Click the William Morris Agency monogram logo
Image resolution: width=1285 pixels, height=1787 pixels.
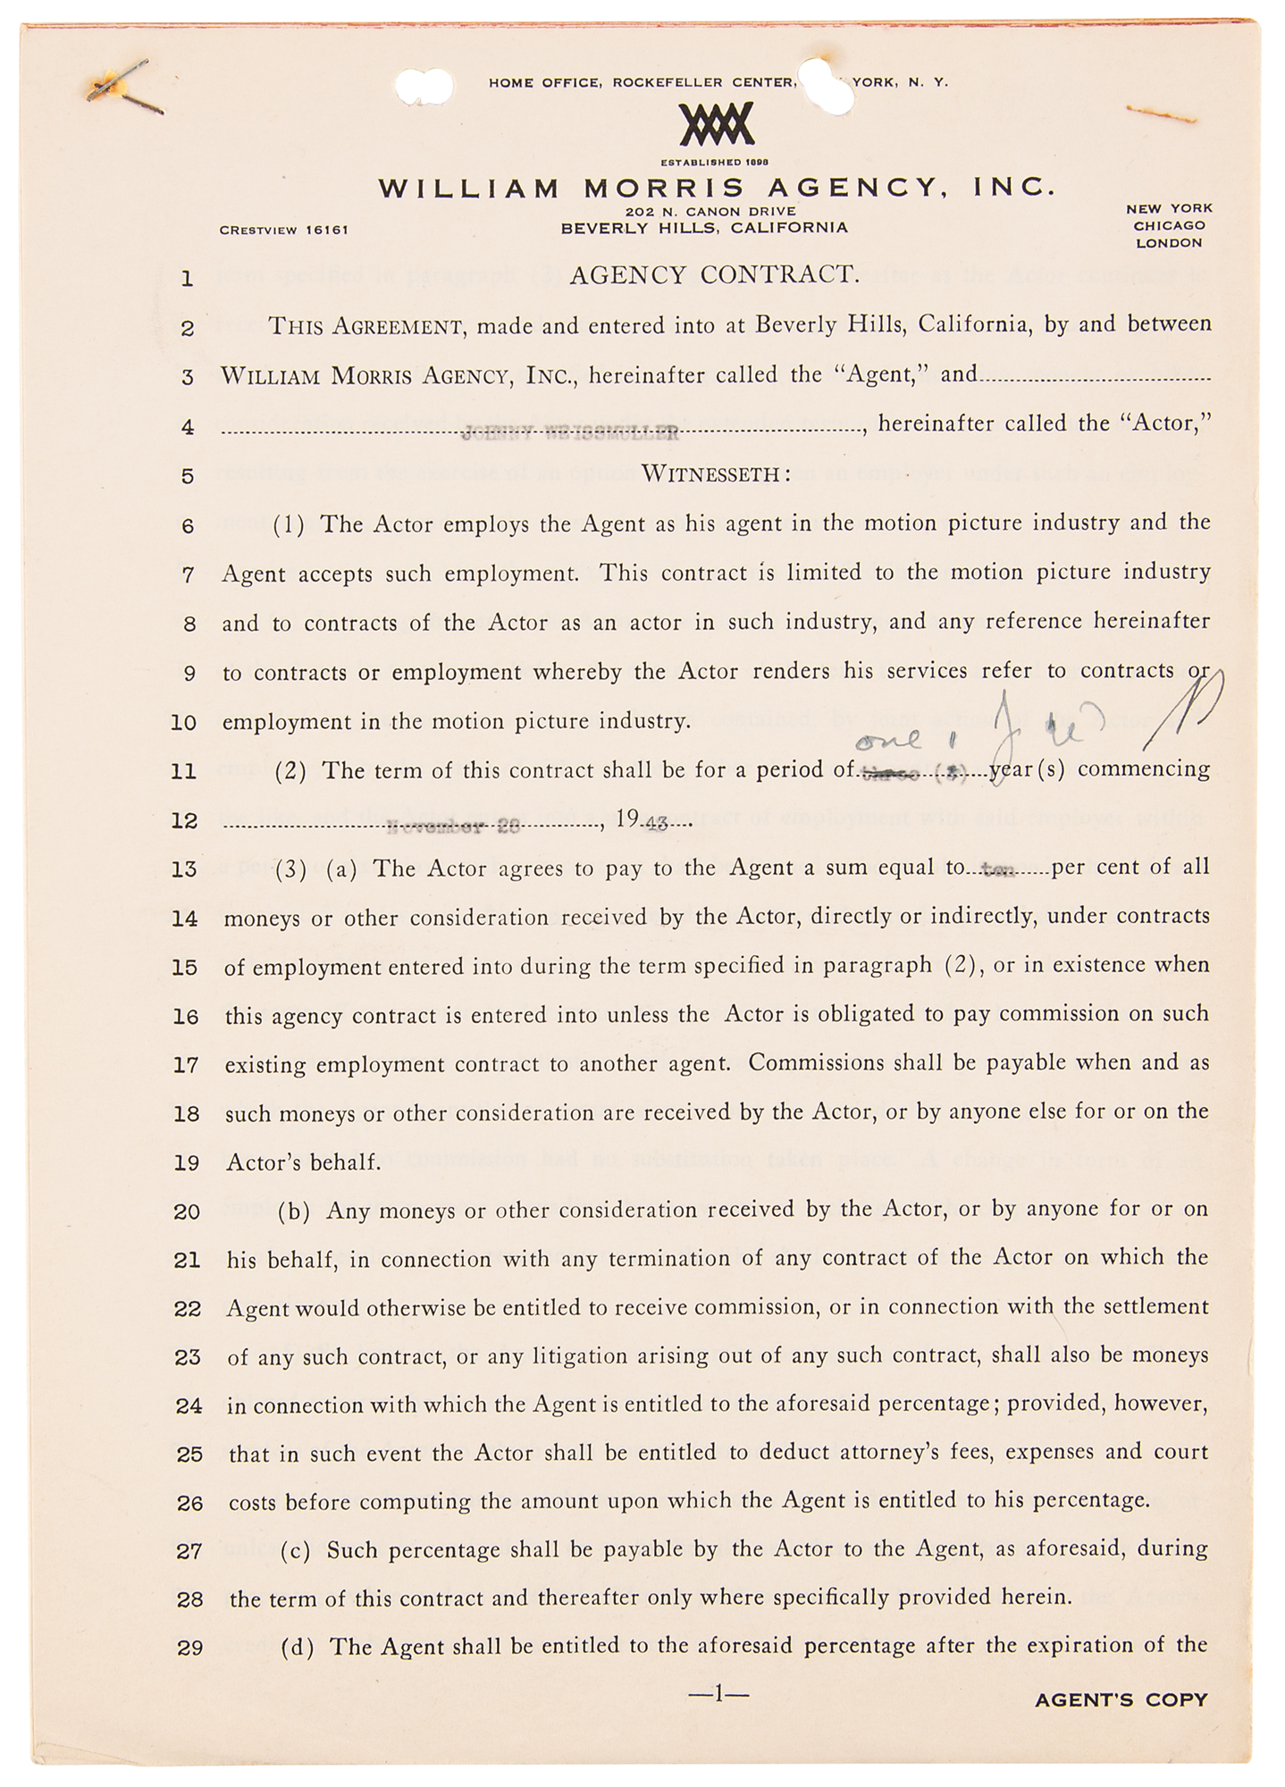tap(716, 124)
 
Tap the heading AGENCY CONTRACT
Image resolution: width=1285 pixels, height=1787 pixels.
tap(715, 275)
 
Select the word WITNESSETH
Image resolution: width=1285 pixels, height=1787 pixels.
tap(715, 474)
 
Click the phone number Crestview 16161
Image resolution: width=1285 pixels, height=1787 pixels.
tap(283, 230)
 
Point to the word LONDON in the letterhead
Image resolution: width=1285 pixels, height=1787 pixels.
tap(1169, 243)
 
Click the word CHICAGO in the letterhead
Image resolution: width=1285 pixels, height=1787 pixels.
tap(1169, 226)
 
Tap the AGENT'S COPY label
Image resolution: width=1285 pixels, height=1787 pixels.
tap(1121, 1700)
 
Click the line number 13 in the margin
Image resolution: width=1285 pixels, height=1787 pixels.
tap(183, 869)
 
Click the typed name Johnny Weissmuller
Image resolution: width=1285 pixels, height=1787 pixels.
tap(570, 435)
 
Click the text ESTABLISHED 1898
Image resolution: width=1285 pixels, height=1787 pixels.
tap(715, 163)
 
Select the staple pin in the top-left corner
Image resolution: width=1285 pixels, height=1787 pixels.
tap(125, 89)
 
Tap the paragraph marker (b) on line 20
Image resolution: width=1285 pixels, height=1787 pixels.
tap(295, 1211)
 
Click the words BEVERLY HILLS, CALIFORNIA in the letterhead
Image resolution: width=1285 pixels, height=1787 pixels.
tap(704, 228)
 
